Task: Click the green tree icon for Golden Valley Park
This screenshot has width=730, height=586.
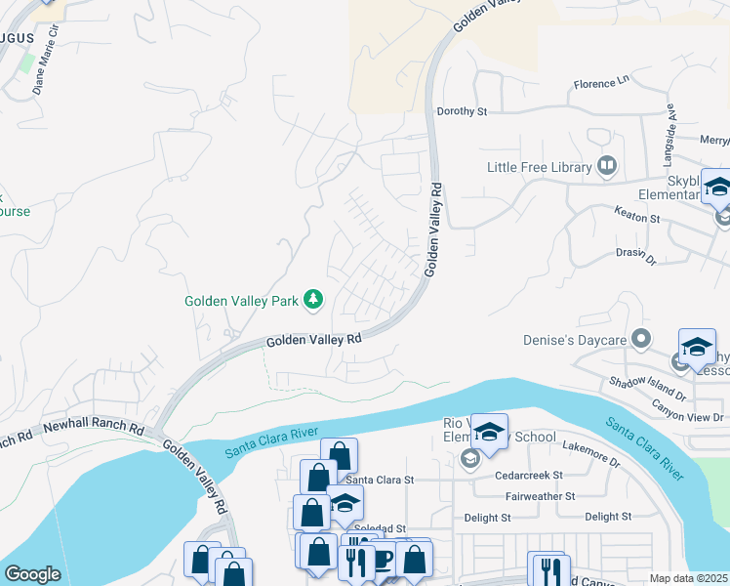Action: click(313, 300)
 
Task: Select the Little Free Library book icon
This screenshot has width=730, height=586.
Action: click(608, 166)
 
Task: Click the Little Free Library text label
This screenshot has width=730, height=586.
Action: click(540, 167)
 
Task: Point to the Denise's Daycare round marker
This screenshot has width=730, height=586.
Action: click(641, 338)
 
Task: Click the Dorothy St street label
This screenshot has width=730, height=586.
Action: click(462, 111)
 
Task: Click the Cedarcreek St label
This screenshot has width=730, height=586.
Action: click(530, 475)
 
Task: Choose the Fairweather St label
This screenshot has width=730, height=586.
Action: click(535, 496)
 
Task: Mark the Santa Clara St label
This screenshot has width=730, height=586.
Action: click(381, 480)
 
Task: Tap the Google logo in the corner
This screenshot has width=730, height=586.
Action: click(32, 573)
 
